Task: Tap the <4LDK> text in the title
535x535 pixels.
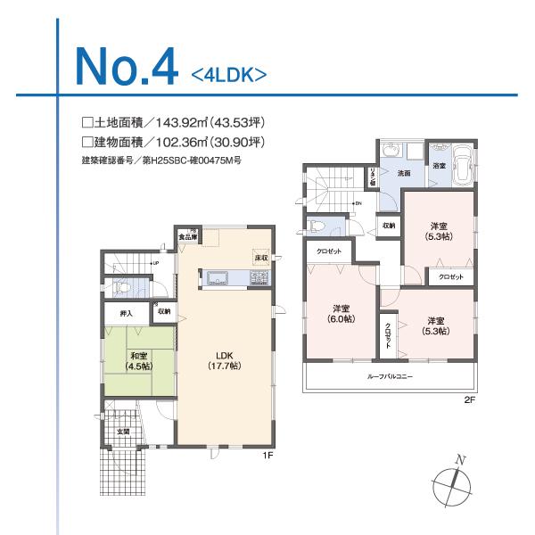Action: (229, 74)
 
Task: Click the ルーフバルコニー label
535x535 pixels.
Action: (390, 376)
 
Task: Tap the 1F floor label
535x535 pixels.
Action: (267, 456)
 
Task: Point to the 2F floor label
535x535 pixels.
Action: (469, 399)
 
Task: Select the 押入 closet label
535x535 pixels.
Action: (127, 313)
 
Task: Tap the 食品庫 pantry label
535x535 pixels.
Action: (189, 236)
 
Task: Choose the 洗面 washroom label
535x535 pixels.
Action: (403, 172)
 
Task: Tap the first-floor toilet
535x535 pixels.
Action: (122, 287)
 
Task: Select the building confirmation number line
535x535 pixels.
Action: (161, 161)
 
